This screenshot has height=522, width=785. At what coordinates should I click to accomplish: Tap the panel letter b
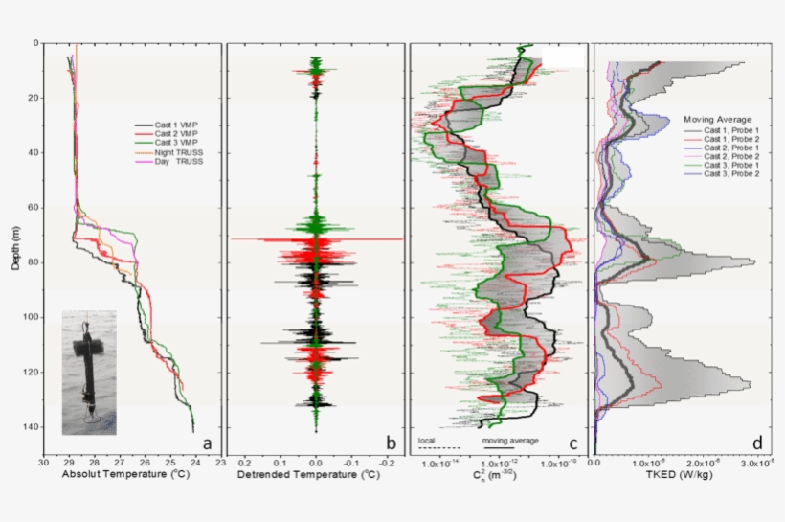tap(389, 443)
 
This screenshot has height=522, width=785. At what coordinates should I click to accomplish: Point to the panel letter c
tap(572, 443)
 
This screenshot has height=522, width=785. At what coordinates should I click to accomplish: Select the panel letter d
tap(757, 443)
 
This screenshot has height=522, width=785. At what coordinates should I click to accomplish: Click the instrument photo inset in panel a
tap(89, 372)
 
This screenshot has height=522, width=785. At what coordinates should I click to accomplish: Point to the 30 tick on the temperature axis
tap(44, 463)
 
